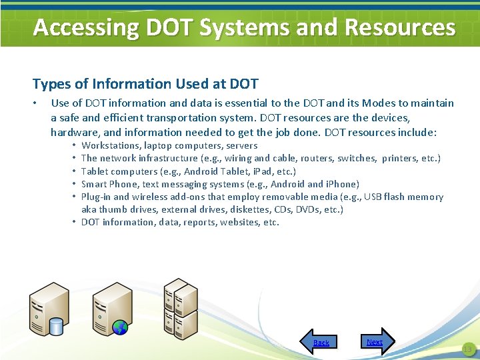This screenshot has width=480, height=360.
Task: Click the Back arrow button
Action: click(319, 341)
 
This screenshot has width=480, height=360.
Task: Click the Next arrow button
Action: click(377, 341)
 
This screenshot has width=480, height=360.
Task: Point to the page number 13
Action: click(467, 349)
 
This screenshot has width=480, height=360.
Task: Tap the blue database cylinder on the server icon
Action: click(56, 326)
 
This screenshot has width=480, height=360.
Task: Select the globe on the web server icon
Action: click(120, 327)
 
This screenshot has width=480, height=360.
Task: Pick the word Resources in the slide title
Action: click(400, 27)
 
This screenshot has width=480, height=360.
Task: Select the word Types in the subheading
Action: click(49, 84)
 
